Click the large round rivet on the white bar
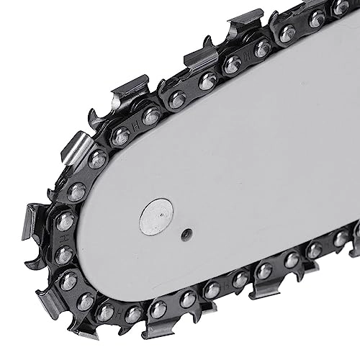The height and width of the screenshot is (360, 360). pos(156,217)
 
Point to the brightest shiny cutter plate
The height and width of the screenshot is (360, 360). pos(76,148)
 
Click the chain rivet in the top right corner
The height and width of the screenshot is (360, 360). pos(341,7)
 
